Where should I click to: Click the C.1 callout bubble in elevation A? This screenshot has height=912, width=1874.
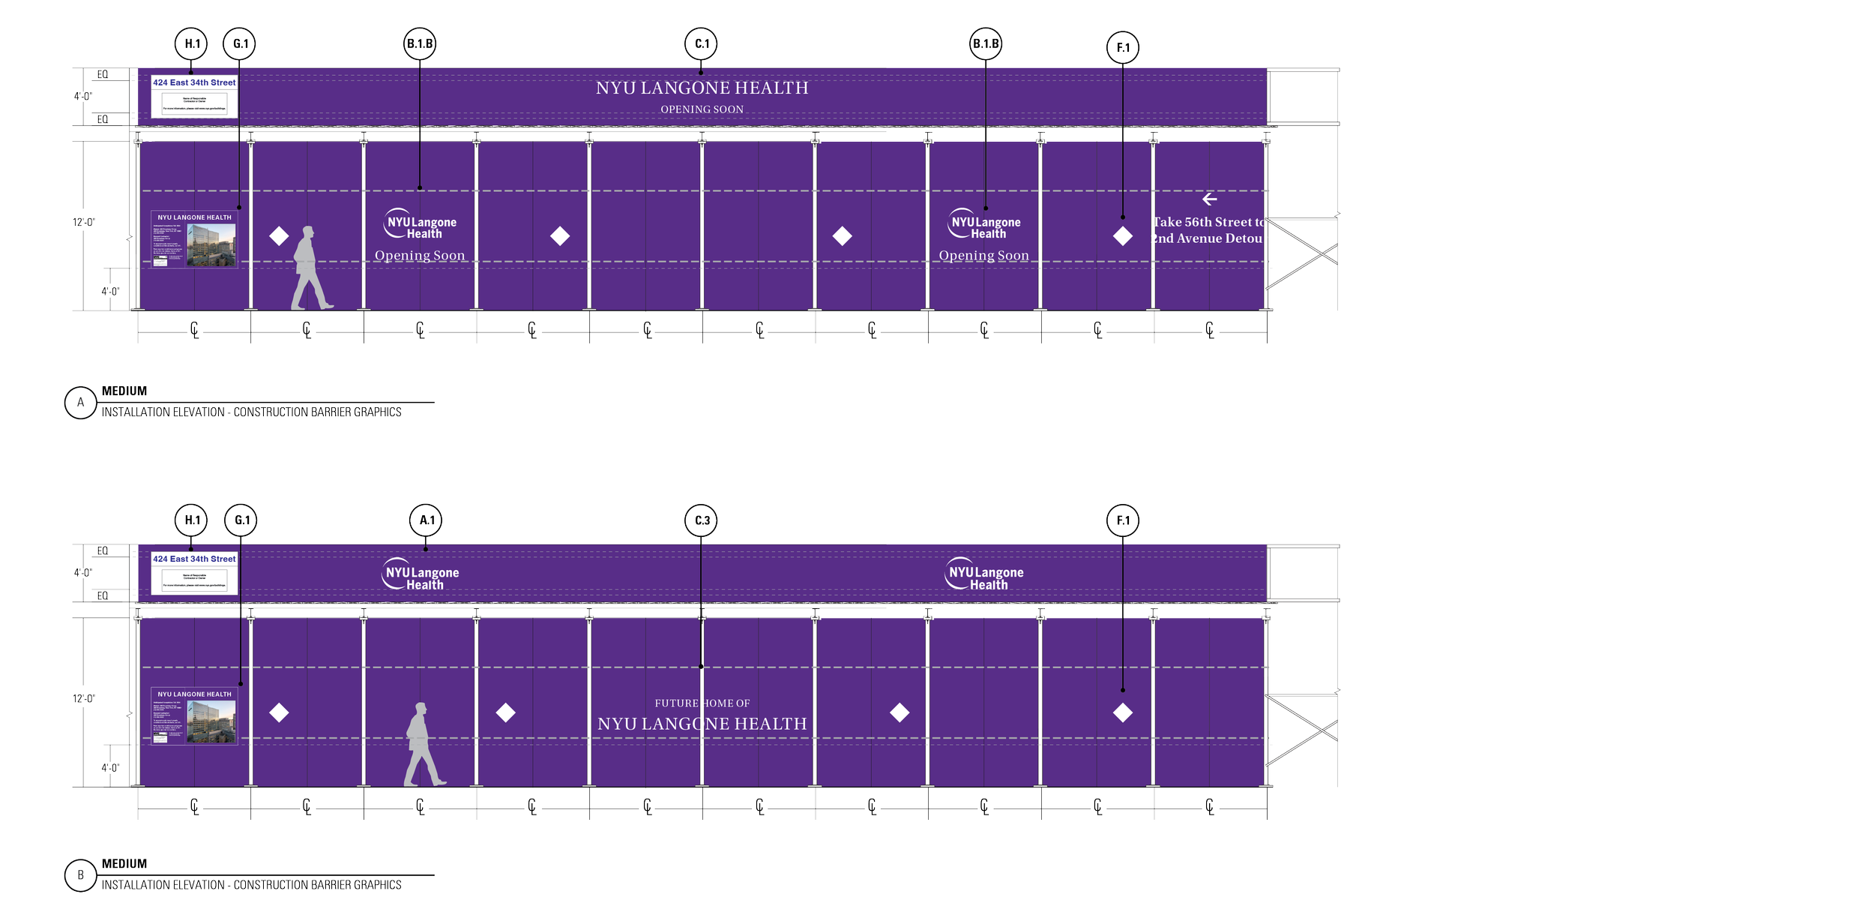coord(701,43)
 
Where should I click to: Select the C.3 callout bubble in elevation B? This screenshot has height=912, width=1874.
coord(701,520)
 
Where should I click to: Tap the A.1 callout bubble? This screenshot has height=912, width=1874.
coord(426,520)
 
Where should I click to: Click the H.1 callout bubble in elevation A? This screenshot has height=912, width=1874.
coord(191,43)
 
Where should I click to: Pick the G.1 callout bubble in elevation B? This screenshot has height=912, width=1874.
coord(241,520)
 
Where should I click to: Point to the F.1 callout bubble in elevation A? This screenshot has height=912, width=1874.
coord(1122,47)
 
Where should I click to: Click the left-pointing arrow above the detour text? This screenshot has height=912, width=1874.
coord(1209,199)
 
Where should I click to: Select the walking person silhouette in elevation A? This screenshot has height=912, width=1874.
coord(310,268)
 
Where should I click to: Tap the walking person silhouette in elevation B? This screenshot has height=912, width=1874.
coord(423,744)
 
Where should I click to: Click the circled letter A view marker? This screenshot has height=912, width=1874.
coord(80,403)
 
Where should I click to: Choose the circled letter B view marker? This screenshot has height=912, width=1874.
coord(80,875)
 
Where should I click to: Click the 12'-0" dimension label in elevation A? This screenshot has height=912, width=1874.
coord(84,222)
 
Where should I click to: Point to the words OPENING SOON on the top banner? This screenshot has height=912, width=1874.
coord(702,109)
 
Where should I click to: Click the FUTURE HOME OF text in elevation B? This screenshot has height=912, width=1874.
coord(702,703)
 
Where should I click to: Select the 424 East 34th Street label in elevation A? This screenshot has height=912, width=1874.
coord(194,82)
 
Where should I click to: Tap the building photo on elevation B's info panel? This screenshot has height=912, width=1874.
coord(211,721)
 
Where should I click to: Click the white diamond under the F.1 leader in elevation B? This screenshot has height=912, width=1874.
coord(1122,712)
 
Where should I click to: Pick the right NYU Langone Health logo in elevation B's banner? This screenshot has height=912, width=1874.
coord(984,574)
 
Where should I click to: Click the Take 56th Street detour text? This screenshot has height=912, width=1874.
coord(1208,230)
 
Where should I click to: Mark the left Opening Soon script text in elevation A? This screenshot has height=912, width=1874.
coord(420,256)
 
